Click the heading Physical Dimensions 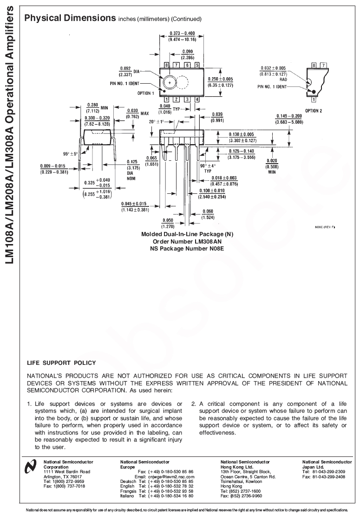click(x=70, y=18)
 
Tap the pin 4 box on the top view click(x=197, y=99)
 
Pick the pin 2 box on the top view click(x=177, y=99)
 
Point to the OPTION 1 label click(x=145, y=93)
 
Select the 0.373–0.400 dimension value click(x=182, y=33)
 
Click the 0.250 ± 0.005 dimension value click(x=220, y=79)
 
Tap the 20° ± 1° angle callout click(x=157, y=121)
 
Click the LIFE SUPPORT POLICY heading click(x=61, y=363)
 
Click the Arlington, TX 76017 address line click(x=63, y=476)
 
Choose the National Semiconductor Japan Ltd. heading click(x=327, y=464)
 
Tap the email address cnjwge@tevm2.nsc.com click(x=171, y=476)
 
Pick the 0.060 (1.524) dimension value click(x=207, y=214)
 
